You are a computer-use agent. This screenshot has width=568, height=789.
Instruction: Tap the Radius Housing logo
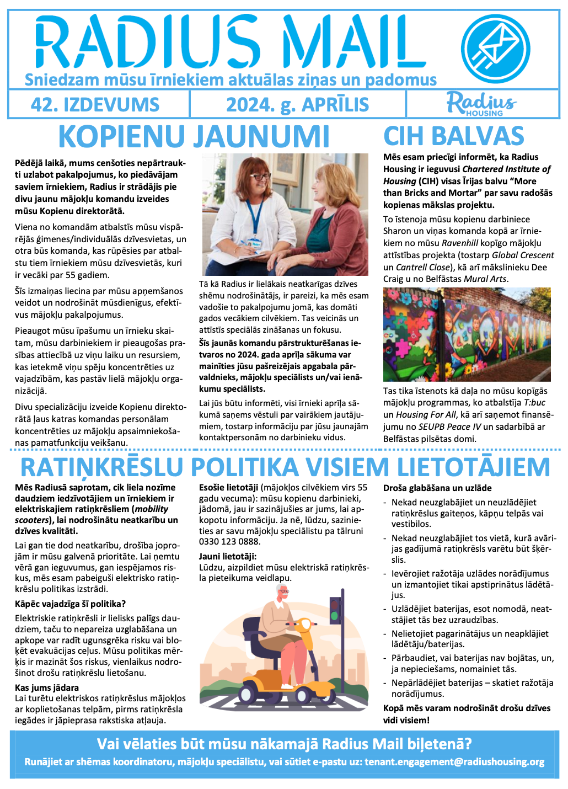coord(481,104)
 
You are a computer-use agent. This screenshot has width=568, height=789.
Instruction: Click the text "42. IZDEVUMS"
coord(95,104)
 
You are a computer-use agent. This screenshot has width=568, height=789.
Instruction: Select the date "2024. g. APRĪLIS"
coord(298,104)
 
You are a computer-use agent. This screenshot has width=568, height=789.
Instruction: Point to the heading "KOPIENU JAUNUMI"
coord(194,136)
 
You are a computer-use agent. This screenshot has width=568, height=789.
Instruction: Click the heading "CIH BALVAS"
coord(453,136)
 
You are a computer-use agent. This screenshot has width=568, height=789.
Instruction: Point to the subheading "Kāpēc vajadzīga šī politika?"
coord(71,604)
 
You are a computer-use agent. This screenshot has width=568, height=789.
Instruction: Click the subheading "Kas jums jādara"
coord(47,687)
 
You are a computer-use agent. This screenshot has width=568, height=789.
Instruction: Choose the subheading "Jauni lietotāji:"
coord(228,556)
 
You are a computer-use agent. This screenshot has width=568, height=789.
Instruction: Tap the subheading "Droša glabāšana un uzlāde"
coord(437,488)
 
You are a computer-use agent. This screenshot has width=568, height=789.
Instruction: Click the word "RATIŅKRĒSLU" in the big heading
coord(102,467)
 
